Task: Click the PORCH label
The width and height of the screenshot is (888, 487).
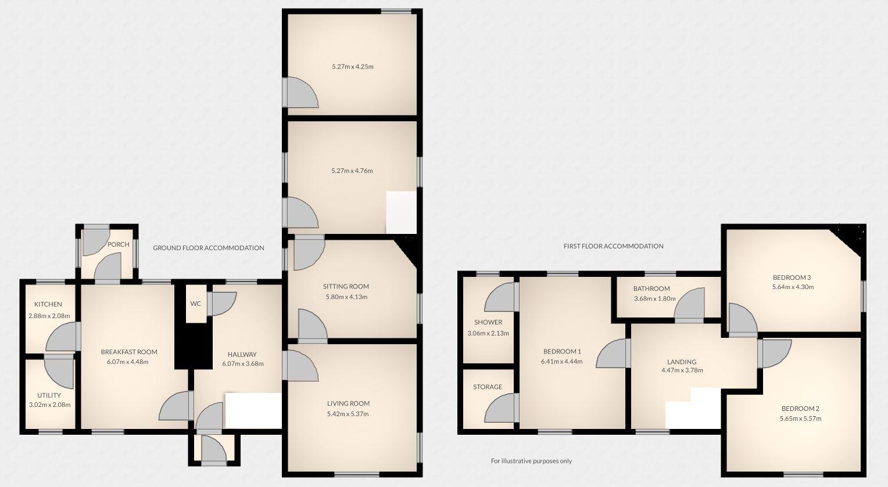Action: click(118, 244)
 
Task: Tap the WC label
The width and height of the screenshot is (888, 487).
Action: click(195, 304)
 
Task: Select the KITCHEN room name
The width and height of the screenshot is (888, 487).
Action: click(48, 304)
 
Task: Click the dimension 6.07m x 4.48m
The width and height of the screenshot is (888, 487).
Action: click(128, 362)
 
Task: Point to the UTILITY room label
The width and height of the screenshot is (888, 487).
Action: click(49, 395)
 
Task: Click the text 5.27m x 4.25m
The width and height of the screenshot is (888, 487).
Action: click(352, 67)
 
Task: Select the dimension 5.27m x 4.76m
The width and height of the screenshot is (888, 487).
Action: click(352, 171)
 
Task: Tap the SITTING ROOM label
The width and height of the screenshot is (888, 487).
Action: click(346, 286)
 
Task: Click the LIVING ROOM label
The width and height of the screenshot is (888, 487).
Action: click(348, 403)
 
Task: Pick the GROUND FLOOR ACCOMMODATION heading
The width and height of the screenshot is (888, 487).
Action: click(208, 248)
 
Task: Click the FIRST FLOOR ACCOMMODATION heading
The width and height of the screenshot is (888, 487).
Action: click(613, 246)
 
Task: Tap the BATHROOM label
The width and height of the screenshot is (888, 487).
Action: click(651, 288)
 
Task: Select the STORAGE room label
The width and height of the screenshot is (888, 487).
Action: click(487, 387)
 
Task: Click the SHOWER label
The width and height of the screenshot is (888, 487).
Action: click(488, 322)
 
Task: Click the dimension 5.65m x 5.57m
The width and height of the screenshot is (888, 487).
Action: click(800, 419)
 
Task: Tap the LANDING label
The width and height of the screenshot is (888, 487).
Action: click(682, 362)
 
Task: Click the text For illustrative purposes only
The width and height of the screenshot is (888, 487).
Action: click(531, 461)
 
